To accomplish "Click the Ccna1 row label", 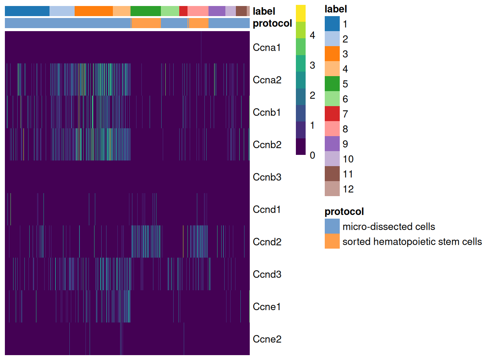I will (x=267, y=48).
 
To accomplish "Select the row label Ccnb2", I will (x=267, y=145).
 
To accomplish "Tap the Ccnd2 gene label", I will (x=267, y=242).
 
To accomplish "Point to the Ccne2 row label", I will (x=267, y=339).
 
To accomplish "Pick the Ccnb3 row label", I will (x=267, y=177).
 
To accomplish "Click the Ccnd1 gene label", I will (x=267, y=210).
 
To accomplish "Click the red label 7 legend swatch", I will (x=332, y=114).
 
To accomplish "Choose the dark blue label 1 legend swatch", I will (x=332, y=24).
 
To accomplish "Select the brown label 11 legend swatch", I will (x=332, y=174).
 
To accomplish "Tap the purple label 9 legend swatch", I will (x=332, y=144).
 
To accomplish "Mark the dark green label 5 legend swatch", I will (x=332, y=84).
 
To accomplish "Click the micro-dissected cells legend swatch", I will (x=332, y=226).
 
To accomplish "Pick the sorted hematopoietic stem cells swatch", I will (x=332, y=241).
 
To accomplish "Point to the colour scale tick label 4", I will (x=312, y=35).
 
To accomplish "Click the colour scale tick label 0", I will (x=312, y=155).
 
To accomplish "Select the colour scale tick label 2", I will (x=312, y=95).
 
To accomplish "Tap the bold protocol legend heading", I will (x=344, y=211).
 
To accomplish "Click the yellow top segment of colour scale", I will (x=301, y=13).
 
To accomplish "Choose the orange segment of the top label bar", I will (x=93, y=11).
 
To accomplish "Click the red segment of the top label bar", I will (x=183, y=11).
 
